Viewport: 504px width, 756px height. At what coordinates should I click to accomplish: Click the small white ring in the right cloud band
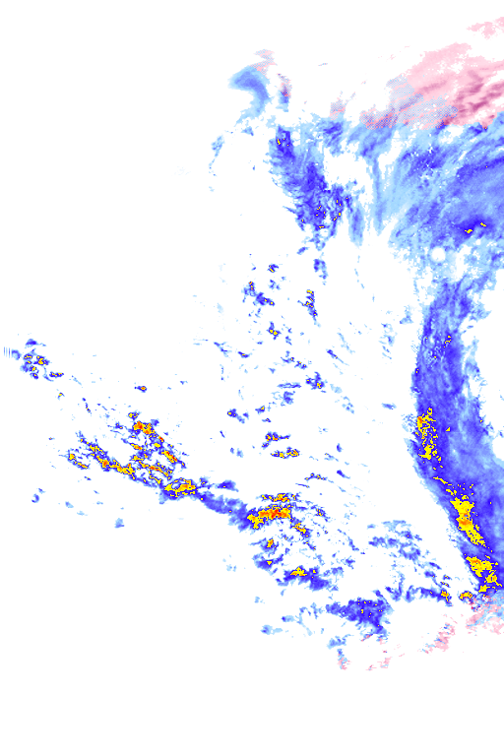pos(437,254)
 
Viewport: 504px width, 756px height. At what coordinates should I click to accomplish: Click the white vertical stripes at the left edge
pos(11,351)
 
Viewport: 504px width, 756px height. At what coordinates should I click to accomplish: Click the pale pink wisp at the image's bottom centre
pos(345,661)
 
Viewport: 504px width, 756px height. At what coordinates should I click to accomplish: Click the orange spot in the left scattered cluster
pos(142,428)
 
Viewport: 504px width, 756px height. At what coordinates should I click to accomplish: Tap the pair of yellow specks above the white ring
pos(475,231)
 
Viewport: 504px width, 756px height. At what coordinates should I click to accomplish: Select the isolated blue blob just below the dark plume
pos(321,267)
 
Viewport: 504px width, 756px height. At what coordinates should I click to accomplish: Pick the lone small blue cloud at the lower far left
pos(36,496)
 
